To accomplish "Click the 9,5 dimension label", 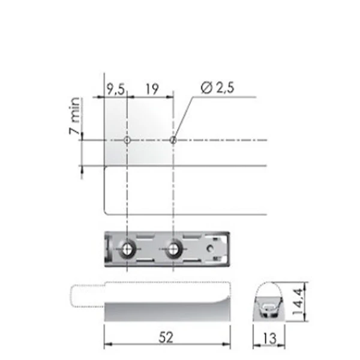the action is click(116, 89).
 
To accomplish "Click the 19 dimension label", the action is click(152, 89).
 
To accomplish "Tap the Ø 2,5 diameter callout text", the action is click(217, 88).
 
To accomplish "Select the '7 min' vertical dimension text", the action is click(74, 116).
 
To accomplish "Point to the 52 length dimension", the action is click(166, 337).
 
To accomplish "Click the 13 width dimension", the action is click(269, 338).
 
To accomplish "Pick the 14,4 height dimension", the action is click(298, 301).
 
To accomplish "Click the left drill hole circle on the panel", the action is click(127, 140).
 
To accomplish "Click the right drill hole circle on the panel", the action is click(173, 140).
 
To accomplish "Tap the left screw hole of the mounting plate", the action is click(127, 249).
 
